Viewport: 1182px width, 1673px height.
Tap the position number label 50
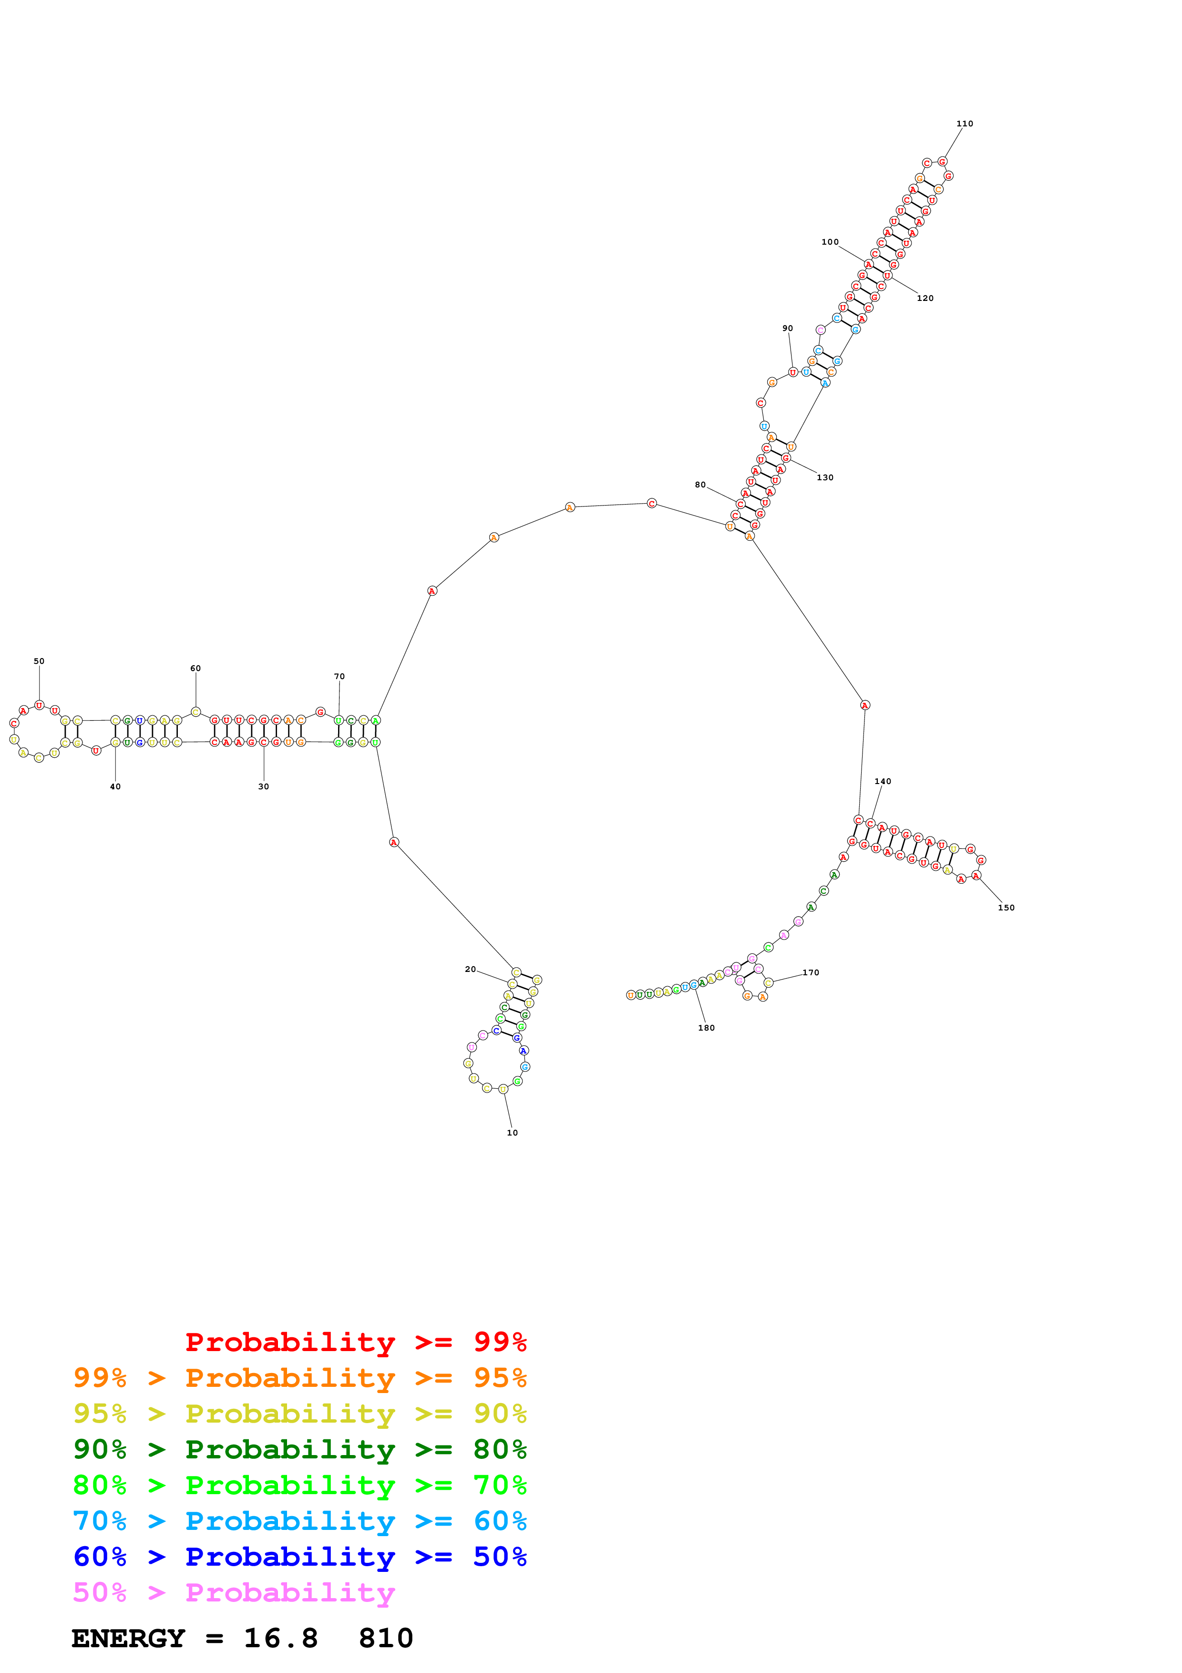pos(39,661)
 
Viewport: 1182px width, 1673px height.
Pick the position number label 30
pos(264,786)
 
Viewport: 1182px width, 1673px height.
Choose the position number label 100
pos(830,242)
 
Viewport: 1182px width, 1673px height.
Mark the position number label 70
pos(339,676)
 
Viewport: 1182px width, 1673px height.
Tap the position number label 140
pos(883,781)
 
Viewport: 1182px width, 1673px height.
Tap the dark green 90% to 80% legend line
pos(299,1449)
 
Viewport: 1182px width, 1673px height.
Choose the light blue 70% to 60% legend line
pos(299,1521)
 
